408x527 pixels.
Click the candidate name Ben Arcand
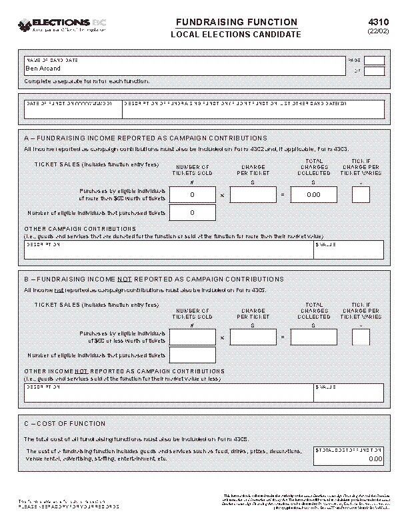pos(43,68)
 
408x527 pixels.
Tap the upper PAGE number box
pos(374,61)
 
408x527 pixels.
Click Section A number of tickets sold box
pos(193,195)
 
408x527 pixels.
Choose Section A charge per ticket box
pos(253,195)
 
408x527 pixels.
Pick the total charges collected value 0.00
pos(313,195)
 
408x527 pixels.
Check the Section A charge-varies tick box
pos(361,195)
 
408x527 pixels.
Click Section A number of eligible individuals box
pos(193,213)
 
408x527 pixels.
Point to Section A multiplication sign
pos(222,196)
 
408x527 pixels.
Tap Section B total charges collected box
pos(313,337)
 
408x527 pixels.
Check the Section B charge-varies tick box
pos(361,337)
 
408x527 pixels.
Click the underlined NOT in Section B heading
pos(124,279)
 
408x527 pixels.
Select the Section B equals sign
pos(282,338)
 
